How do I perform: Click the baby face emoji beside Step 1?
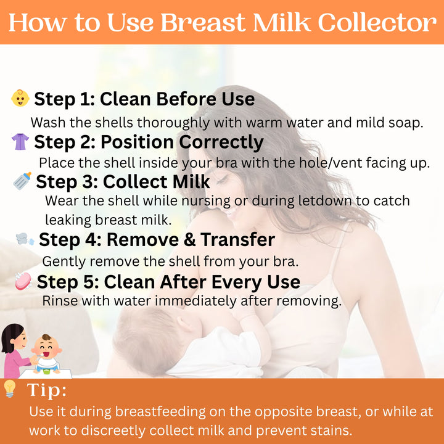click(x=20, y=98)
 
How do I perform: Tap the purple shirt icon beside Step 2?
click(x=20, y=142)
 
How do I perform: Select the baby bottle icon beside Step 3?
click(x=22, y=181)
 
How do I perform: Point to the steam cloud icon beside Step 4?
click(x=25, y=239)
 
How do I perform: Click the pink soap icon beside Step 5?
click(x=23, y=281)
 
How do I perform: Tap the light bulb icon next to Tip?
click(x=10, y=388)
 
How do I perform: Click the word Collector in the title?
click(x=377, y=22)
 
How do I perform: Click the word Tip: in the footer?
click(x=47, y=390)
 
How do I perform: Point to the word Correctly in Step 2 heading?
click(x=221, y=142)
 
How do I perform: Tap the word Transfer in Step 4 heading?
click(x=238, y=239)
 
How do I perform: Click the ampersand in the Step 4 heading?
click(x=190, y=240)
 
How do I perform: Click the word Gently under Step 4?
click(x=64, y=262)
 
